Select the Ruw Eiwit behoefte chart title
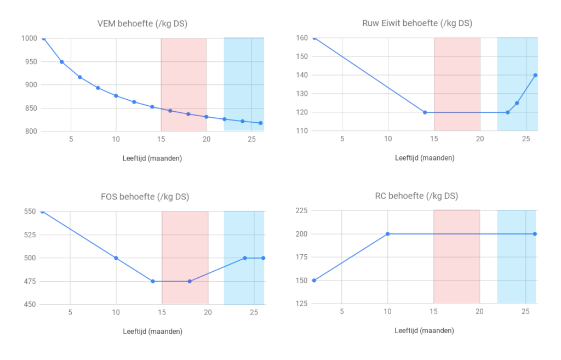click(x=417, y=23)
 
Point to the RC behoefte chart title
click(x=417, y=196)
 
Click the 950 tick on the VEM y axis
click(x=30, y=62)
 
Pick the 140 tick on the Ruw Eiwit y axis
click(x=301, y=75)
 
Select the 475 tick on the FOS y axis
click(x=30, y=282)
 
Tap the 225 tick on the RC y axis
click(x=301, y=211)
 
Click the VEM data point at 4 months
click(x=62, y=62)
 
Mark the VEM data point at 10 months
click(x=116, y=96)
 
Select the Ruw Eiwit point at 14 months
click(x=425, y=112)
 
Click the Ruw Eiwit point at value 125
click(x=517, y=103)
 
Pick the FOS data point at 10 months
click(x=116, y=258)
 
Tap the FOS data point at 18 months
click(x=190, y=281)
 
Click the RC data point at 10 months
click(x=387, y=234)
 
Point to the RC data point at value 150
click(x=314, y=281)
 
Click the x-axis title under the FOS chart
click(x=152, y=332)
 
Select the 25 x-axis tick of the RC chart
click(x=525, y=312)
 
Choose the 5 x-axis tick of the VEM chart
click(x=71, y=140)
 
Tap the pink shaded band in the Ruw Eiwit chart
click(x=457, y=82)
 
